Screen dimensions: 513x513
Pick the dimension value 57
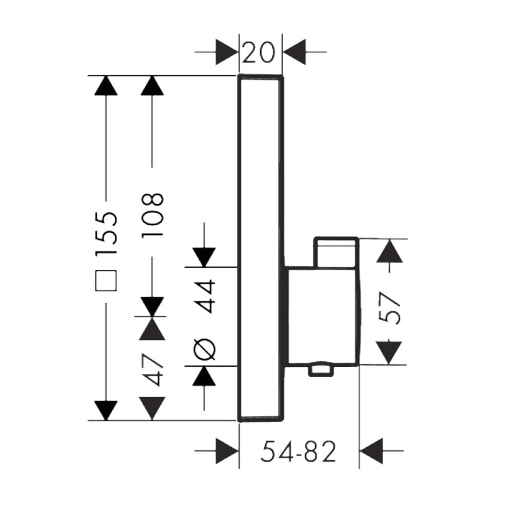(x=391, y=307)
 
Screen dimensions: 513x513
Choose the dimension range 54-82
(x=298, y=452)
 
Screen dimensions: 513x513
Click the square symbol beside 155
(x=106, y=281)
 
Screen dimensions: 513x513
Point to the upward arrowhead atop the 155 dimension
(x=106, y=86)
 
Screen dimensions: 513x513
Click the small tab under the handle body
(x=320, y=369)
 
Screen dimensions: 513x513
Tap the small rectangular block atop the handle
(x=337, y=252)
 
